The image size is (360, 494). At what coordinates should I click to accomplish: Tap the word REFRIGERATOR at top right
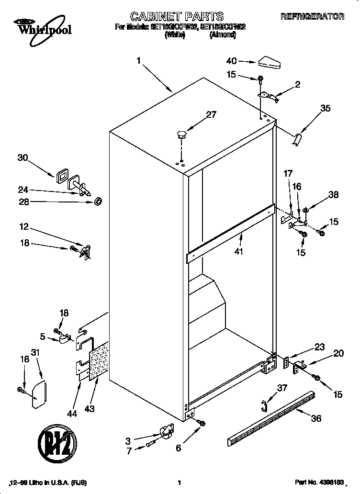pos(312,17)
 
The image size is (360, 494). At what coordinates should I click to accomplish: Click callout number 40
pos(232,61)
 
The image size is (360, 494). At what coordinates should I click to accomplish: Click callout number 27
pos(211,114)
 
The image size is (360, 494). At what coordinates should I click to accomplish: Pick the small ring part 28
pos(98,201)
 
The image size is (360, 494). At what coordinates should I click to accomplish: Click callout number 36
pos(315,418)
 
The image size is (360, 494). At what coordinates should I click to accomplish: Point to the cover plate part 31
pos(38,394)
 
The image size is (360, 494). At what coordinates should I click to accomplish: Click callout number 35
pos(325,109)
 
